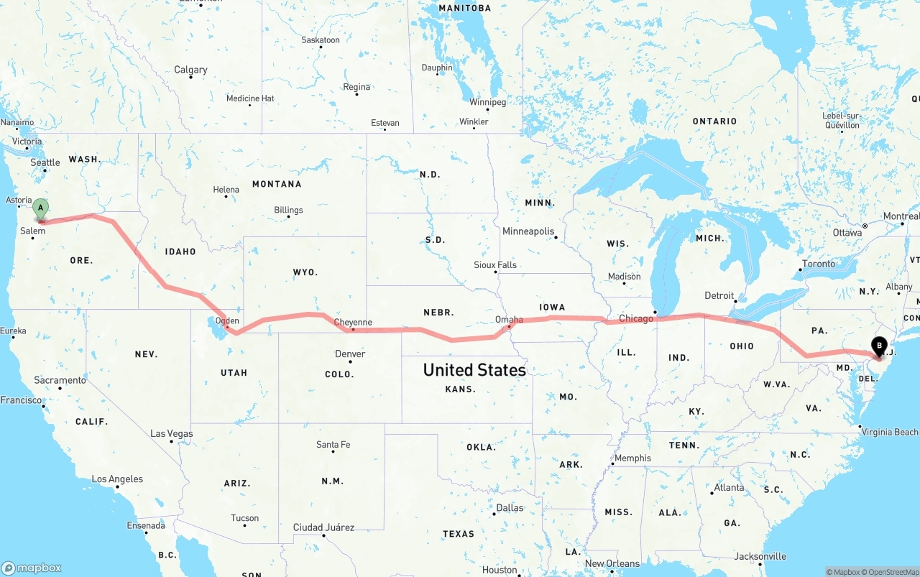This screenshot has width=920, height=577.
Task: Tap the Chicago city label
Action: click(636, 318)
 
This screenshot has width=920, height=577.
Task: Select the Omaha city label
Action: click(509, 320)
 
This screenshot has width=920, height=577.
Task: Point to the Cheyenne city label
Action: click(353, 323)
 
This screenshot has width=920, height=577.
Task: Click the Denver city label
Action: click(350, 354)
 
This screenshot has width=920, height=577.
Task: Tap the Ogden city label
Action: click(227, 321)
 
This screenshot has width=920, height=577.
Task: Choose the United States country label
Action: click(474, 370)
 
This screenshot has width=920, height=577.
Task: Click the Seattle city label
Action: click(45, 163)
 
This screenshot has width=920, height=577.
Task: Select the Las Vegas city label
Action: click(172, 433)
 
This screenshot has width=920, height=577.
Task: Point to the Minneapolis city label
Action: click(528, 231)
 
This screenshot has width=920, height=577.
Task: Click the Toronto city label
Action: click(819, 264)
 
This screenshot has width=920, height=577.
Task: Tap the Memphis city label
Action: click(632, 458)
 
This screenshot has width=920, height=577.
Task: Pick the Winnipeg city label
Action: click(488, 102)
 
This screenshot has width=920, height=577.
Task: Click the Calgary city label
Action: click(190, 70)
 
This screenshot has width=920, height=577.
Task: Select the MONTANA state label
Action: click(277, 184)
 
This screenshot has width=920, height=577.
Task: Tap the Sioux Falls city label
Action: click(495, 265)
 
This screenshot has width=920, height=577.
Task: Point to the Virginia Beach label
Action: click(889, 432)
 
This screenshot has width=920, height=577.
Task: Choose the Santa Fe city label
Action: click(333, 445)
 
